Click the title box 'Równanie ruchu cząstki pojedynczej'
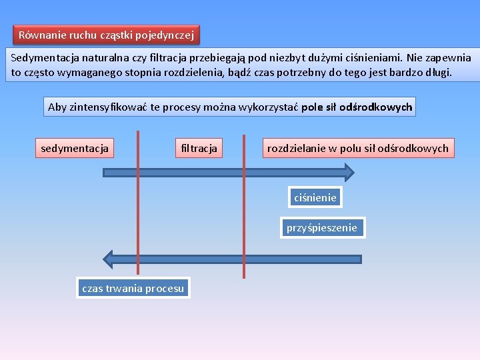107,35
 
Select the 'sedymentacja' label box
75,148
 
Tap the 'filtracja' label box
199,148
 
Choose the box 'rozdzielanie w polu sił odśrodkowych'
358,148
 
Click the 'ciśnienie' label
315,197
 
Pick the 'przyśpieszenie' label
321,228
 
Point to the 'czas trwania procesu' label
133,288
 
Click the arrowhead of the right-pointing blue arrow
346,173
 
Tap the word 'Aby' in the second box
57,107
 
